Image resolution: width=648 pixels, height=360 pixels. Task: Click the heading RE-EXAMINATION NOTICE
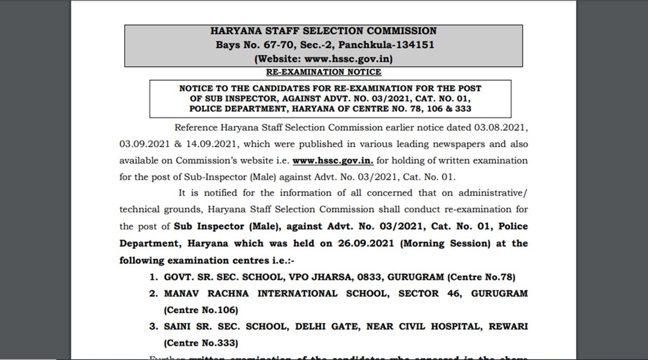[x=324, y=72]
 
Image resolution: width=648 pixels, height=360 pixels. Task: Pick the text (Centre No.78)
[x=481, y=277]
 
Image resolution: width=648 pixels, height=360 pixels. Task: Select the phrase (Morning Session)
[x=446, y=243]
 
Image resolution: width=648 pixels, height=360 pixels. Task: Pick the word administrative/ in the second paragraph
[x=494, y=193]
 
